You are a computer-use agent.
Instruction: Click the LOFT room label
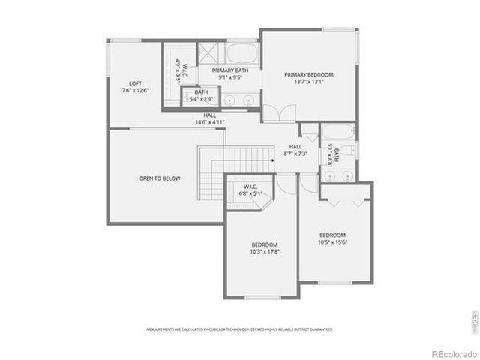135,83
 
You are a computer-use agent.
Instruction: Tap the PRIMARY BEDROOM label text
308,75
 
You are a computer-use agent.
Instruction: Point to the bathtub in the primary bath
242,54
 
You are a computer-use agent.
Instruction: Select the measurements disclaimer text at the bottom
239,328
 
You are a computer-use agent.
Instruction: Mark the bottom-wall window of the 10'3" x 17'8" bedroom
262,297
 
